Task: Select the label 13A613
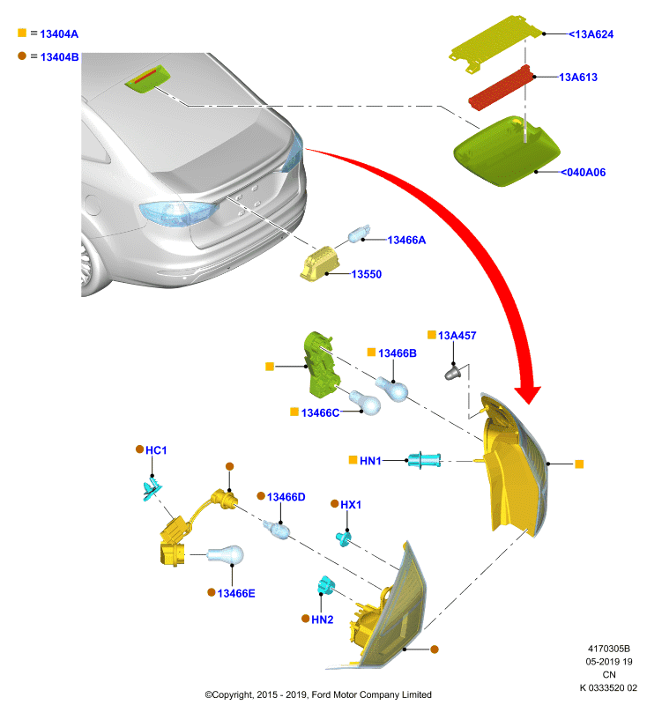pyautogui.click(x=578, y=78)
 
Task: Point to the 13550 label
pyautogui.click(x=367, y=274)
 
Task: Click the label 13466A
pyautogui.click(x=406, y=240)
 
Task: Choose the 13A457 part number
pyautogui.click(x=457, y=336)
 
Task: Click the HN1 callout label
pyautogui.click(x=370, y=461)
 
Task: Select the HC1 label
pyautogui.click(x=156, y=450)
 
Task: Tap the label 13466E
pyautogui.click(x=236, y=593)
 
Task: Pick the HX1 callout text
pyautogui.click(x=351, y=505)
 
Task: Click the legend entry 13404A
pyautogui.click(x=59, y=34)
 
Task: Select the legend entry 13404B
pyautogui.click(x=59, y=57)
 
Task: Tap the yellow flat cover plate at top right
pyautogui.click(x=496, y=42)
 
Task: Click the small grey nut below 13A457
pyautogui.click(x=452, y=372)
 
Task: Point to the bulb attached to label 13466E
pyautogui.click(x=226, y=555)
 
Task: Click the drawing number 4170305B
pyautogui.click(x=609, y=649)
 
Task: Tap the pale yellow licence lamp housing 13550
pyautogui.click(x=319, y=263)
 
